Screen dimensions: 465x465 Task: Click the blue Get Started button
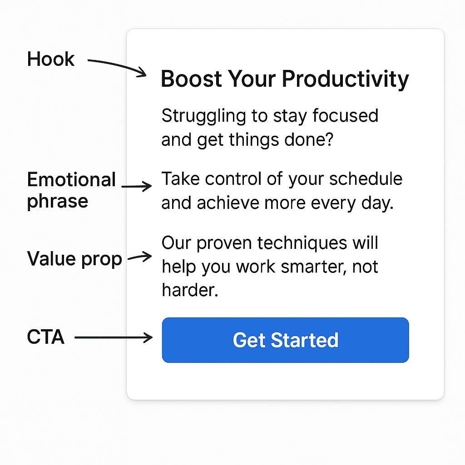285,340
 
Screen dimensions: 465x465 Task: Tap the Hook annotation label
50,59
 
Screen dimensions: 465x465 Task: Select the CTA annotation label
45,337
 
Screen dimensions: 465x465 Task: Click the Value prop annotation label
74,259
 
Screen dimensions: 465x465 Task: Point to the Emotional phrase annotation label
71,190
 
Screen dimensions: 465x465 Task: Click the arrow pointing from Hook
117,66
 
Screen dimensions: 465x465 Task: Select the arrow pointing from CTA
114,337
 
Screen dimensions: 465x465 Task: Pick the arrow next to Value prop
139,257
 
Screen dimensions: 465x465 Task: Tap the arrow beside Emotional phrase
137,186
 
